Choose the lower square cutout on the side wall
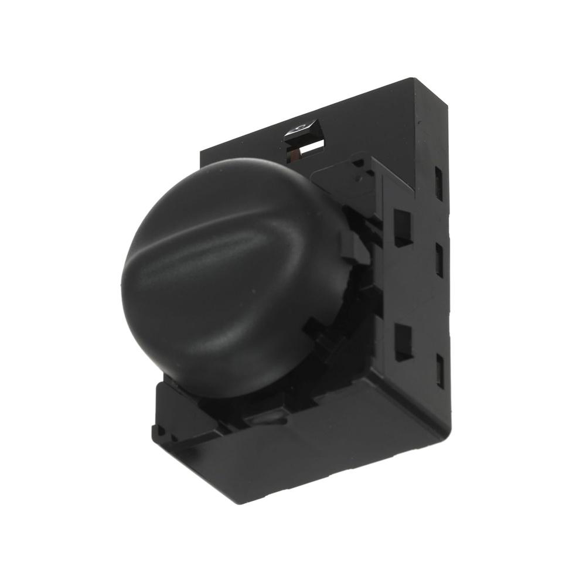403,342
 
